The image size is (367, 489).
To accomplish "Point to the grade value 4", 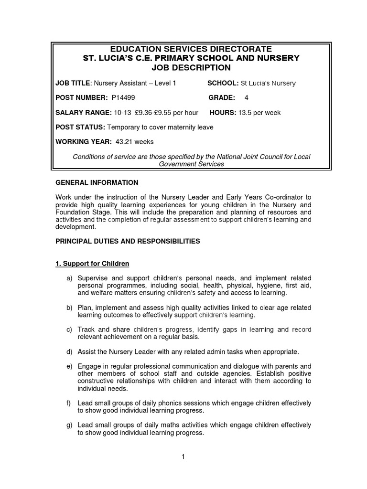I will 247,98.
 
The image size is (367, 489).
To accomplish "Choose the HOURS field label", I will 223,113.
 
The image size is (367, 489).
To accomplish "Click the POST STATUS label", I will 80,128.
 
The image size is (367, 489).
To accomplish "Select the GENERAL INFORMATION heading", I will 97,182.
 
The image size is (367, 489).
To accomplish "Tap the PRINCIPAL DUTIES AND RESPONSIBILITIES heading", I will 128,242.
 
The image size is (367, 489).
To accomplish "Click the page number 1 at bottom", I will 183,457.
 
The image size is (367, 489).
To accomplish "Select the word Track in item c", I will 87,330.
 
